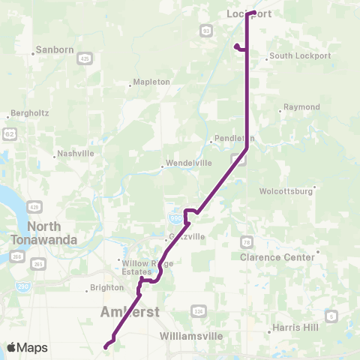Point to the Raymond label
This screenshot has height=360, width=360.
click(x=301, y=107)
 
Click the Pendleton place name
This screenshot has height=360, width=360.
click(x=235, y=139)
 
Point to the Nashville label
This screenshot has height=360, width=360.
click(x=76, y=154)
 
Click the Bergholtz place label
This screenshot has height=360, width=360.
click(x=29, y=115)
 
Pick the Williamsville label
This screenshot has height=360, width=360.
click(x=192, y=337)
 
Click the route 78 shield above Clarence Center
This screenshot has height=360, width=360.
click(x=246, y=241)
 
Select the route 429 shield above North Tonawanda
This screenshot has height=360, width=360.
click(x=34, y=205)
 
